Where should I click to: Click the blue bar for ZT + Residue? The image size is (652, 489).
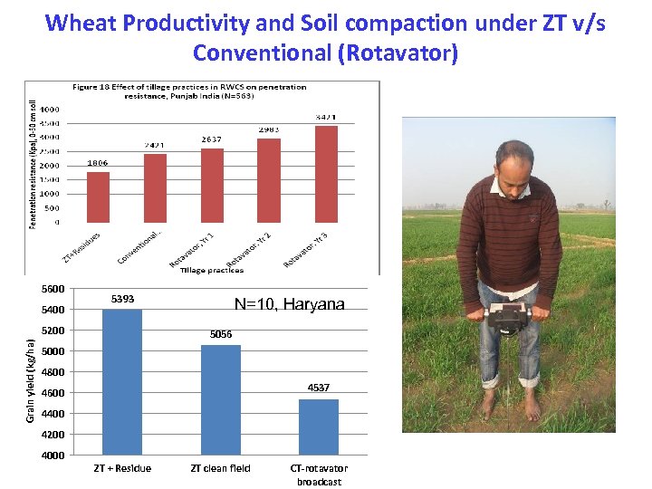click(122, 381)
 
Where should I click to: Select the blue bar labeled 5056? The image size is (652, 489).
click(220, 399)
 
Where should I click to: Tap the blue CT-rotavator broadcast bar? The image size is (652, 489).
click(318, 427)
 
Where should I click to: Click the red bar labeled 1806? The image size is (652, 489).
click(98, 197)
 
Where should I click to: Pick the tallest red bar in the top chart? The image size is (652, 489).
click(326, 173)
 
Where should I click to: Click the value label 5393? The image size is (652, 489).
click(122, 298)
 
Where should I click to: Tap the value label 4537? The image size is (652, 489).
click(318, 388)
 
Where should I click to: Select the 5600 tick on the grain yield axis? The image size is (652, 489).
click(53, 289)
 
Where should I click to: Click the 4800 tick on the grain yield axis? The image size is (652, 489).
click(53, 372)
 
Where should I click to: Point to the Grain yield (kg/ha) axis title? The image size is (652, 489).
click(30, 379)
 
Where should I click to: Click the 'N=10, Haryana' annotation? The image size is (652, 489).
click(289, 305)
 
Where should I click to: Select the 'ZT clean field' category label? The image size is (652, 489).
click(220, 468)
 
